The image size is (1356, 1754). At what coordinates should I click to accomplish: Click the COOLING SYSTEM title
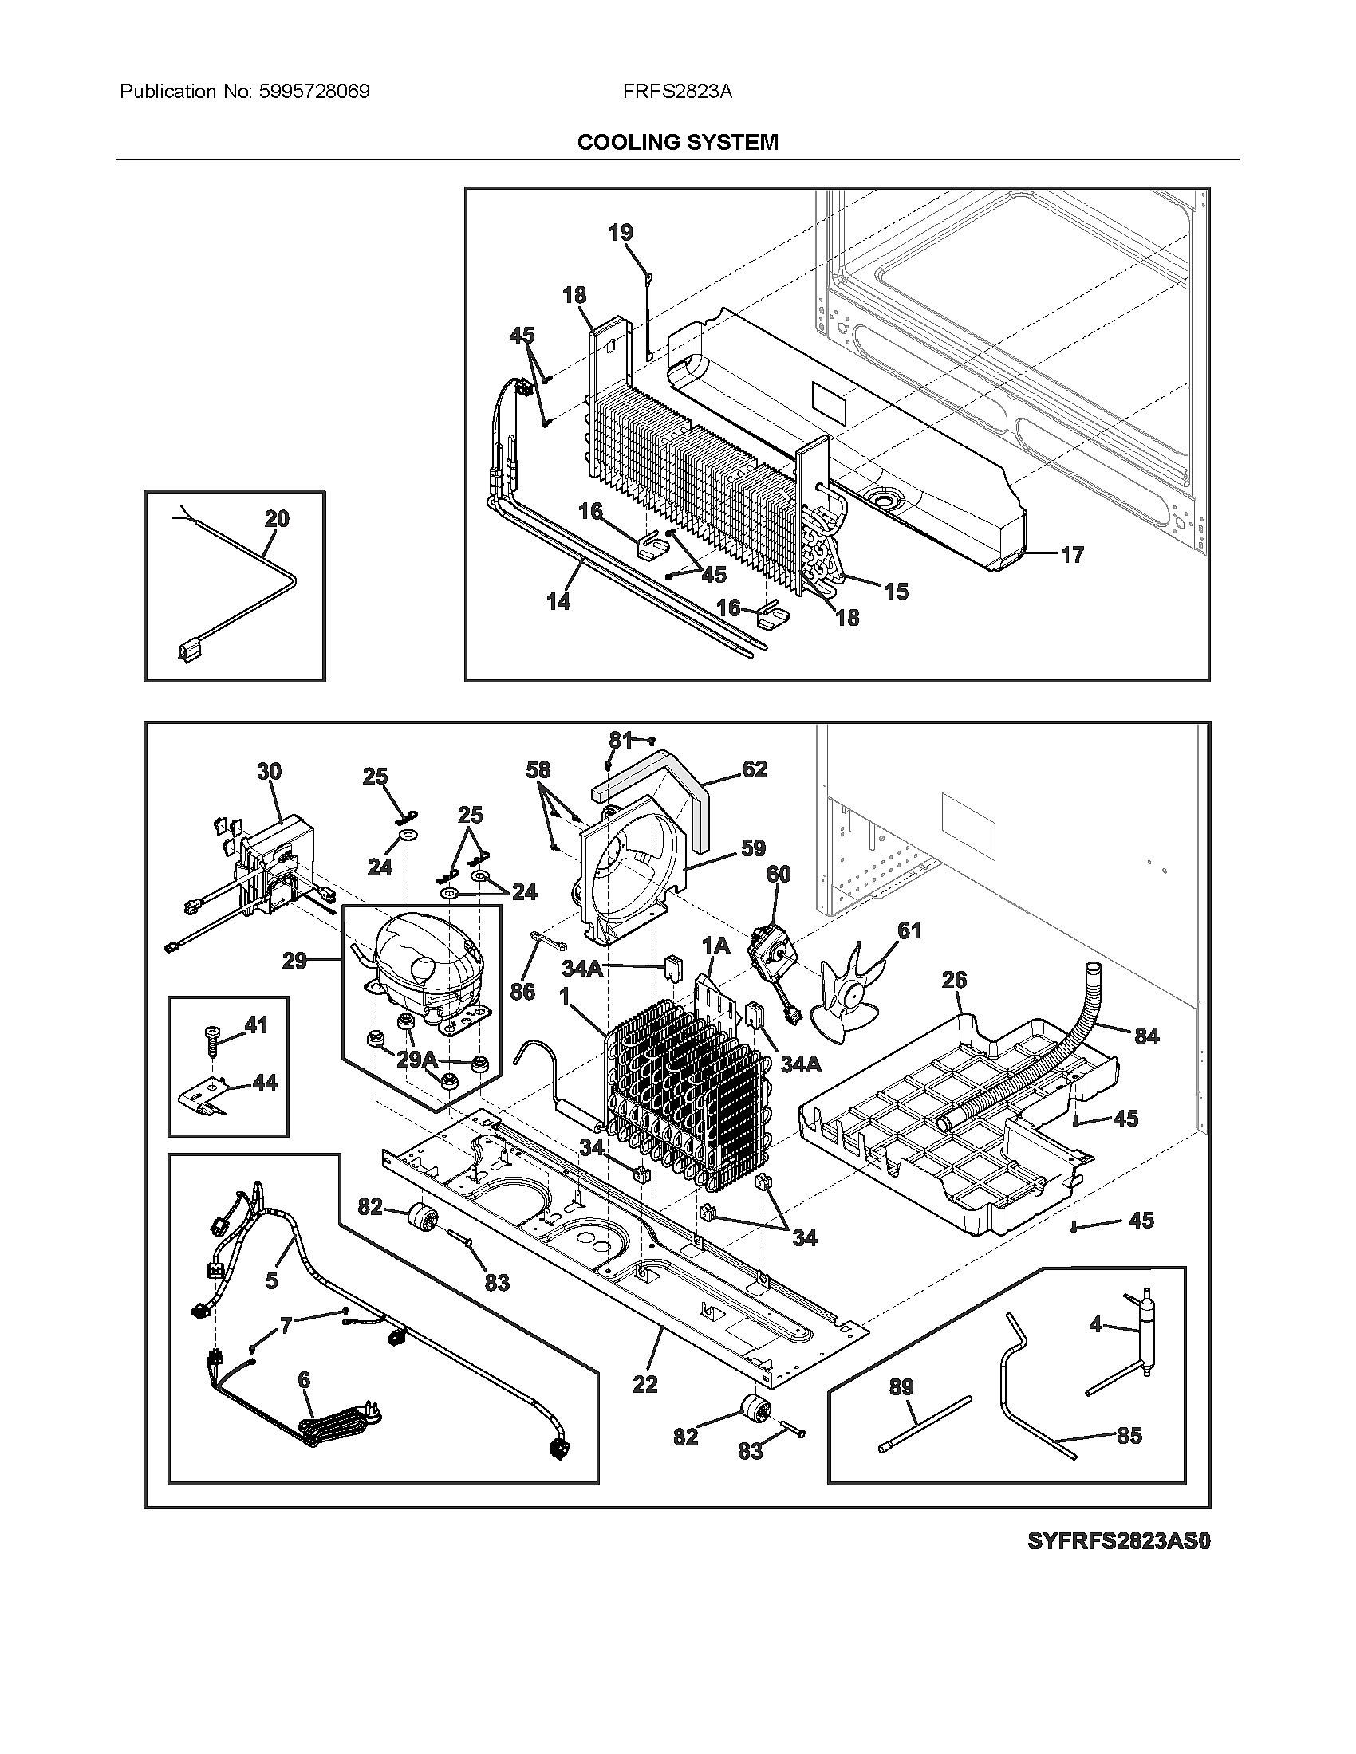pyautogui.click(x=677, y=142)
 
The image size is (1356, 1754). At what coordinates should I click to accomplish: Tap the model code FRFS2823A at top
pyautogui.click(x=676, y=92)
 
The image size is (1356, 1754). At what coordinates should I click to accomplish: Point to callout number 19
pyautogui.click(x=620, y=233)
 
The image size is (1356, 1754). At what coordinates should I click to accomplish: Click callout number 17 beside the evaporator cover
pyautogui.click(x=1071, y=555)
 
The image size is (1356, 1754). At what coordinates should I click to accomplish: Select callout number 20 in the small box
pyautogui.click(x=276, y=519)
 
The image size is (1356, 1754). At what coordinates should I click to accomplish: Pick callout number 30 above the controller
pyautogui.click(x=269, y=772)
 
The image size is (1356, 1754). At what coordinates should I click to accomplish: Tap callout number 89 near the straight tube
pyautogui.click(x=901, y=1387)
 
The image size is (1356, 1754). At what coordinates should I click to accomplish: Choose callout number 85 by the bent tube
pyautogui.click(x=1129, y=1435)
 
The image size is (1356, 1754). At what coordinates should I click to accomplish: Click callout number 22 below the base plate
pyautogui.click(x=644, y=1384)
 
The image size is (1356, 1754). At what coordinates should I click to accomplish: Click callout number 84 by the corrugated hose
pyautogui.click(x=1146, y=1036)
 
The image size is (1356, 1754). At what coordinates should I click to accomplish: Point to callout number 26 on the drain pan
pyautogui.click(x=953, y=980)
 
